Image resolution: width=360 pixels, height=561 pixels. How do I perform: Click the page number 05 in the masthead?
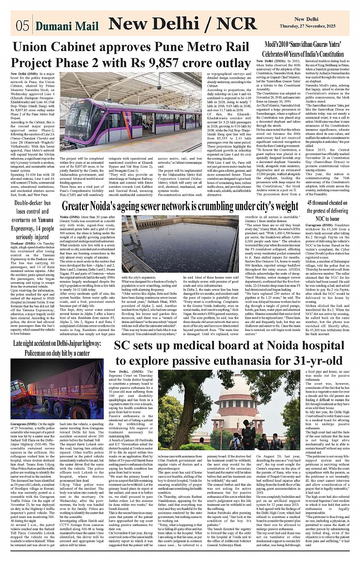[22, 26]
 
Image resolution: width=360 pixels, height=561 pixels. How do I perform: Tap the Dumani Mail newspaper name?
[67, 26]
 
